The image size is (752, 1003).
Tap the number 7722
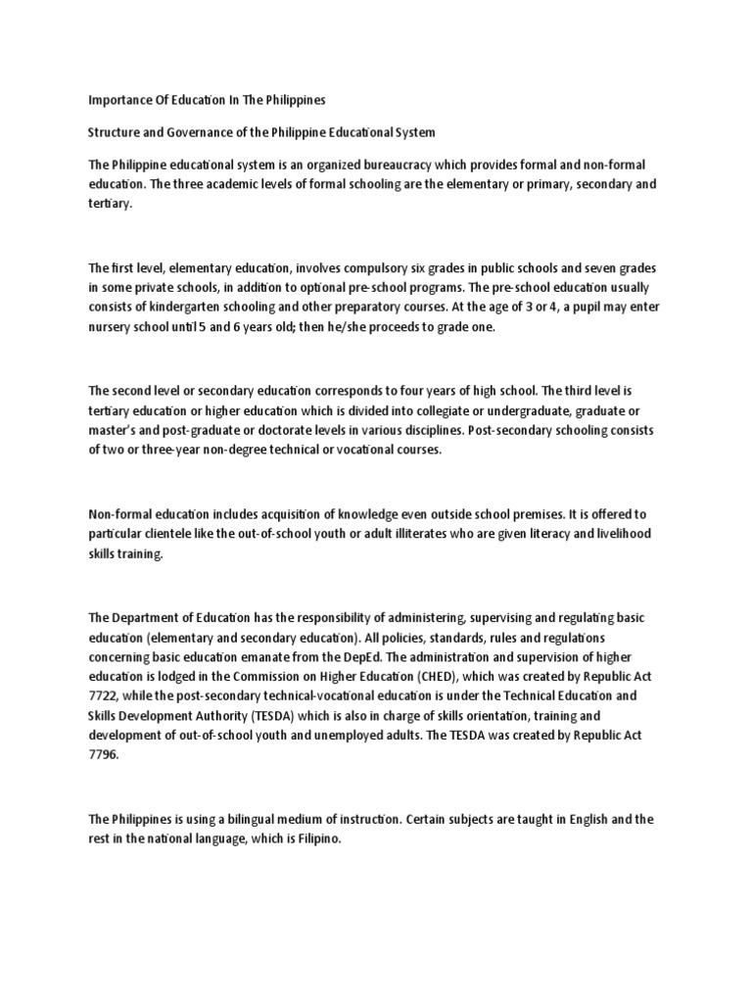pyautogui.click(x=107, y=697)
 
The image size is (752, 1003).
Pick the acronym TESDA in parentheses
pyautogui.click(x=281, y=718)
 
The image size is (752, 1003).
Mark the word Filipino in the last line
pyautogui.click(x=318, y=840)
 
